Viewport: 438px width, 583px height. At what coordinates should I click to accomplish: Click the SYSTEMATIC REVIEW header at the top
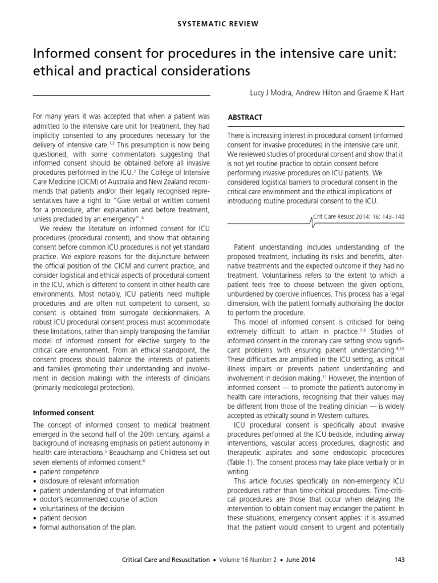[x=220, y=23]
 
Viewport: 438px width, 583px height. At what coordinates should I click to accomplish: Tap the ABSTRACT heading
[x=245, y=117]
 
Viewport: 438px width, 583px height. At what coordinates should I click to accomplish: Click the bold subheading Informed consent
[x=63, y=412]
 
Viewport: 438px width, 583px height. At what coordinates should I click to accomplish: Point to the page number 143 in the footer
[x=399, y=560]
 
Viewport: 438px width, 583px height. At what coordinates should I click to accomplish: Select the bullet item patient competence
[x=68, y=472]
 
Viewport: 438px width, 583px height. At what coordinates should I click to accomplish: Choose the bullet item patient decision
[x=63, y=518]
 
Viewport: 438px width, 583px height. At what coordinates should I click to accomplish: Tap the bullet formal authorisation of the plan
[x=88, y=527]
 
